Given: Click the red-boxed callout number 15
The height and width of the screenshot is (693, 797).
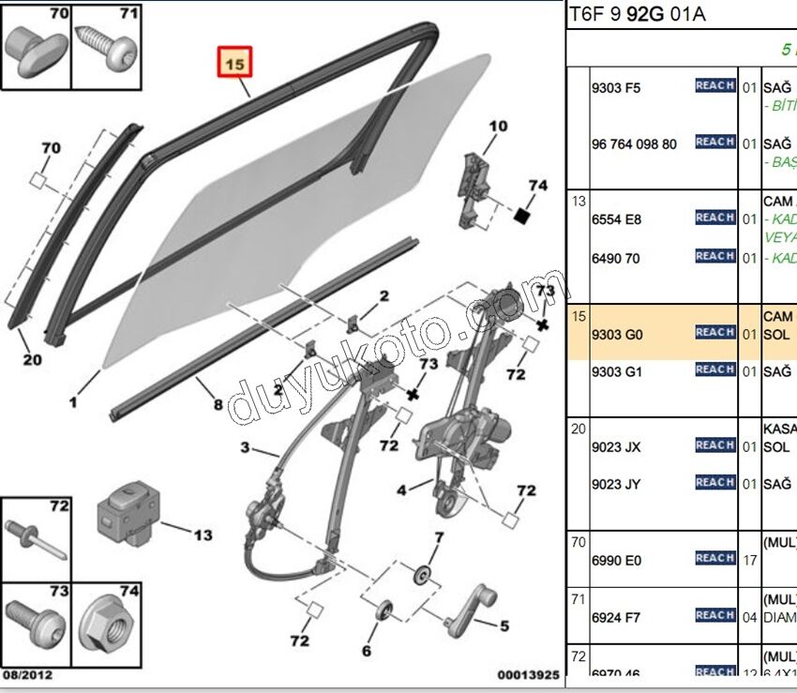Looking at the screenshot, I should [x=235, y=64].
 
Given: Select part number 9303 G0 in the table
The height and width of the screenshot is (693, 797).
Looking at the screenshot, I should [x=616, y=334].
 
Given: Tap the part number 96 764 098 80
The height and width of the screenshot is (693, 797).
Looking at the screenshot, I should [x=634, y=144].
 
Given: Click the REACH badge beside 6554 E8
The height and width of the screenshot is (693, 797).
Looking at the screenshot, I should [x=714, y=218].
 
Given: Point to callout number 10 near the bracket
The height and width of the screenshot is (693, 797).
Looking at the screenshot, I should [x=497, y=126].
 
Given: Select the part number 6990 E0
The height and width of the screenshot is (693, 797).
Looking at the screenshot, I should [x=616, y=561].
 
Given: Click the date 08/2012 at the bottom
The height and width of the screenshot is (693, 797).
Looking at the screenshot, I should [x=27, y=675].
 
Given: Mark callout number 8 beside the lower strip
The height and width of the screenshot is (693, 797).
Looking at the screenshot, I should [x=218, y=405].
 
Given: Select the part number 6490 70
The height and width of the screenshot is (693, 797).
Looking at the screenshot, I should [x=615, y=258].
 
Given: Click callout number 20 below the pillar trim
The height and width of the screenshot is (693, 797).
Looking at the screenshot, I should [x=33, y=359].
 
